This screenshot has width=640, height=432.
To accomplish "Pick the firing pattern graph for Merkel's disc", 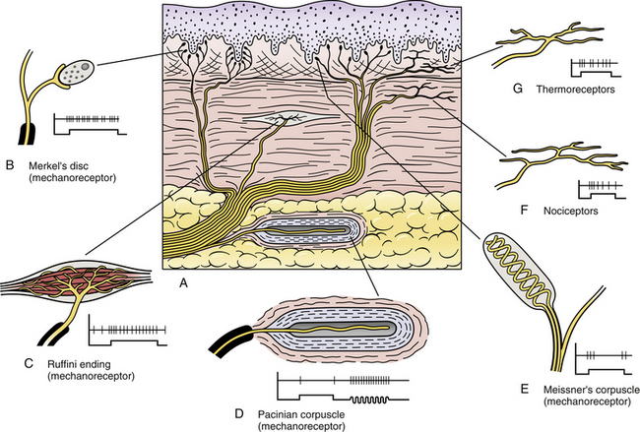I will point(91,124).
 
